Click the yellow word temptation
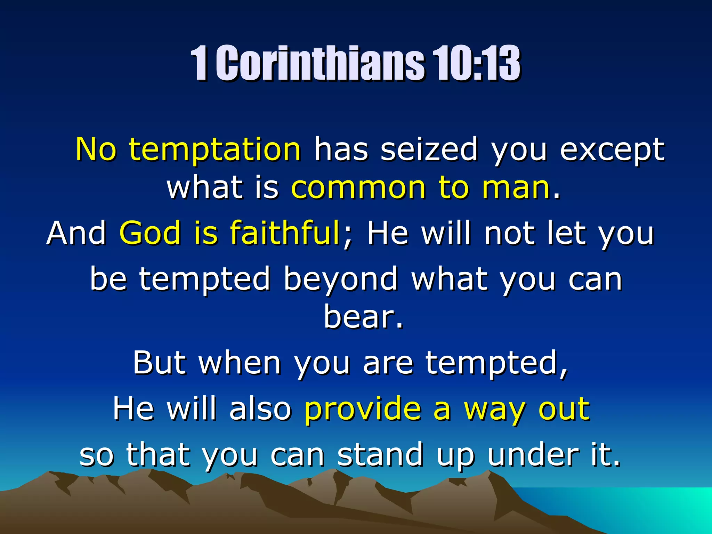tap(215, 149)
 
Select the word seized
tap(429, 149)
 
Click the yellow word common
tap(358, 188)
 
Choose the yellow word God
tap(150, 233)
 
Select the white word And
tap(76, 233)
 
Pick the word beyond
tap(340, 279)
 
